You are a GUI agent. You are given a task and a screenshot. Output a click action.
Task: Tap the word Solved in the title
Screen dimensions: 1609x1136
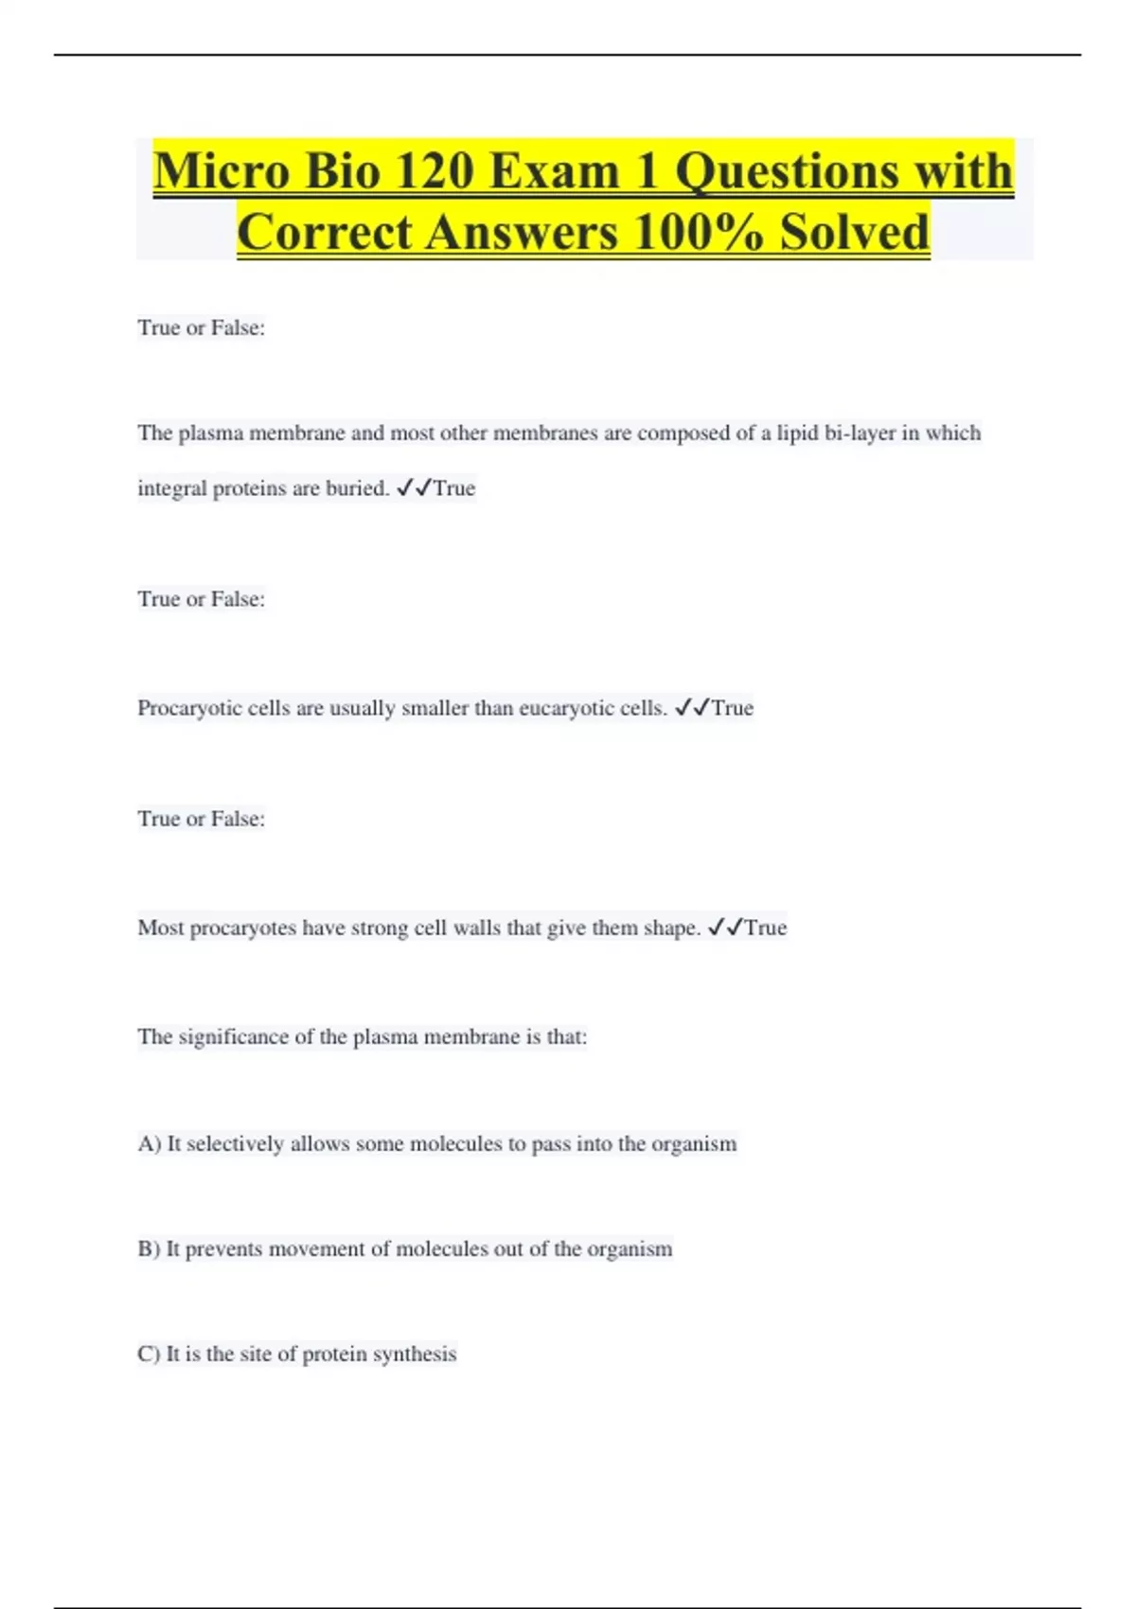tap(854, 232)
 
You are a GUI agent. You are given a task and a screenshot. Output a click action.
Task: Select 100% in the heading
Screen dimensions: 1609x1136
tap(699, 232)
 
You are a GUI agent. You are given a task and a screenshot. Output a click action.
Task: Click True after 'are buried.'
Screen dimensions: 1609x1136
tap(454, 488)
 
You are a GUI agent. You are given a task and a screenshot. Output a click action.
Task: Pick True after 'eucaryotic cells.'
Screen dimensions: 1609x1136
tap(733, 708)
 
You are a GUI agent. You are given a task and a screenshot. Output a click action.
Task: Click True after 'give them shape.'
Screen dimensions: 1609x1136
tap(766, 928)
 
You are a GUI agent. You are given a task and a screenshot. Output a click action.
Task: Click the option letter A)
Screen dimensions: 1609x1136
tap(150, 1143)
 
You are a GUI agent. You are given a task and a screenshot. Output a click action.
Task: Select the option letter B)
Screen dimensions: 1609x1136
tap(149, 1248)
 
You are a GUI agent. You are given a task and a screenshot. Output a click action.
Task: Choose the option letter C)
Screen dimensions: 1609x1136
tap(149, 1353)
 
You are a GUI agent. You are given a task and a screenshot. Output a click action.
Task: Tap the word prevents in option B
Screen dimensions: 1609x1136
tap(223, 1248)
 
